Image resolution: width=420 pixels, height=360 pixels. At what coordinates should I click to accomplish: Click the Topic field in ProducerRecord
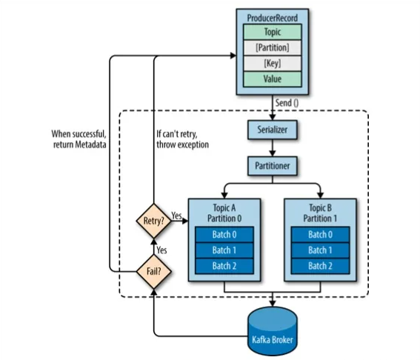click(x=273, y=32)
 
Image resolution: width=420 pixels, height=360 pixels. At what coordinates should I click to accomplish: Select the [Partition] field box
click(x=273, y=47)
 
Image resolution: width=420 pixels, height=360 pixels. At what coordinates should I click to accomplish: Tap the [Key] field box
click(x=273, y=64)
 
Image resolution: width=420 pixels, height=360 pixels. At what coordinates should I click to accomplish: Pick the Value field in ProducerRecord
click(x=273, y=79)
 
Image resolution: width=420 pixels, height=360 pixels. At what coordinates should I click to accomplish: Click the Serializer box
click(x=273, y=130)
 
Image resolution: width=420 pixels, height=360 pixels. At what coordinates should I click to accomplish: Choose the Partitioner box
click(x=273, y=166)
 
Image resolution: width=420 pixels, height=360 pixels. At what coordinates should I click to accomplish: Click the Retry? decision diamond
click(x=154, y=221)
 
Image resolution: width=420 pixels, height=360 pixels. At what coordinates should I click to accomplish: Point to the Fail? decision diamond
click(x=154, y=272)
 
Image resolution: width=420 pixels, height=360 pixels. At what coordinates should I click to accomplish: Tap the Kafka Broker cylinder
click(x=273, y=331)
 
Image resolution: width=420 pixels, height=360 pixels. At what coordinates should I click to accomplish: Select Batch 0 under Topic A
click(x=224, y=234)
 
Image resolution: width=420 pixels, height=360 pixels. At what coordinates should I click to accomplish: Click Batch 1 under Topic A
click(x=224, y=250)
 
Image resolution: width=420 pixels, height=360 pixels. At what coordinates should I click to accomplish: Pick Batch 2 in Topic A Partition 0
click(x=224, y=266)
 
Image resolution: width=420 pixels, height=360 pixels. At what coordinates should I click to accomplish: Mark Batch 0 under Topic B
click(x=320, y=234)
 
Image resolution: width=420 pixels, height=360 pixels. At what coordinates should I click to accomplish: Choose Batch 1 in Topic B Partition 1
click(x=320, y=250)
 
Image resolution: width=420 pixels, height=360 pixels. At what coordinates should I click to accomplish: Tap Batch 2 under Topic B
click(x=320, y=266)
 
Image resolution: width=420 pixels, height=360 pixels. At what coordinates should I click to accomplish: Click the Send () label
click(x=287, y=103)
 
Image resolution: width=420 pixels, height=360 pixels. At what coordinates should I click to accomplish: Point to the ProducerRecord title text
click(x=273, y=18)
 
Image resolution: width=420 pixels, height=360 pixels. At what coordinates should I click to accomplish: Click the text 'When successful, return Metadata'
click(x=79, y=139)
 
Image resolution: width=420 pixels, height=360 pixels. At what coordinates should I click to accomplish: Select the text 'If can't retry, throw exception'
click(x=183, y=139)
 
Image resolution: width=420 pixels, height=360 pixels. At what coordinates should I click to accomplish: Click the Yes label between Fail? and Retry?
click(x=161, y=250)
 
